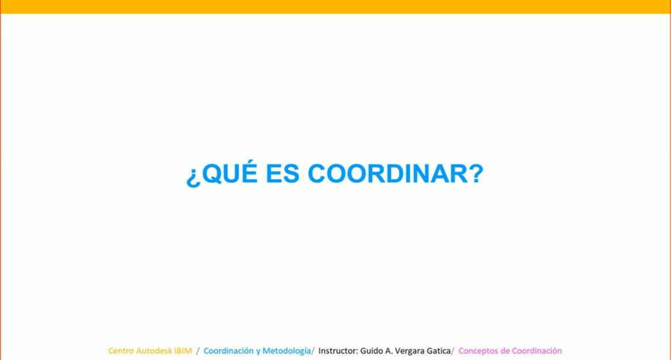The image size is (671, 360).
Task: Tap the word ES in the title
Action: (282, 173)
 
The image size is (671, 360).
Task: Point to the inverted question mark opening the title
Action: (193, 176)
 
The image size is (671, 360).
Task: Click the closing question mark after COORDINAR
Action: (476, 173)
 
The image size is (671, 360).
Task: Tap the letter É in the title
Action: (248, 171)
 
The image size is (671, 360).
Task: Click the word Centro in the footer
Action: (121, 351)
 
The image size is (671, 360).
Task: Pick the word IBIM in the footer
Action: (183, 351)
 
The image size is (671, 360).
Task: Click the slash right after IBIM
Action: (198, 351)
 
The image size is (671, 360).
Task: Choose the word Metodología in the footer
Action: (286, 351)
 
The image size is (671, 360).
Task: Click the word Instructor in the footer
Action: (338, 351)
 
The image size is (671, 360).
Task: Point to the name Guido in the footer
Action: (371, 351)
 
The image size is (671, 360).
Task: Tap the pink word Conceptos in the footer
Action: (477, 351)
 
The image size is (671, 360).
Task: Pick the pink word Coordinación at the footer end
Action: (537, 351)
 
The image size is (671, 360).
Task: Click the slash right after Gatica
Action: (453, 351)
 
